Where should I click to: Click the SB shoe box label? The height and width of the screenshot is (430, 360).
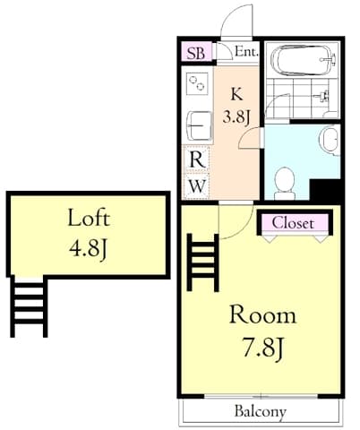tap(196, 53)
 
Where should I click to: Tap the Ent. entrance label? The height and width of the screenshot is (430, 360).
tap(246, 51)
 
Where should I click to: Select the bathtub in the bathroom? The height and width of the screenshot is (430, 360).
tap(304, 61)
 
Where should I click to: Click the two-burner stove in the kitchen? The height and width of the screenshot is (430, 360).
tap(197, 82)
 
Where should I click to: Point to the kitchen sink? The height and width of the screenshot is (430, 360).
tap(199, 125)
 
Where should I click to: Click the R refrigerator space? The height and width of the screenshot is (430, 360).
tap(197, 159)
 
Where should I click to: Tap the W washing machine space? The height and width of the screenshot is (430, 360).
tap(197, 186)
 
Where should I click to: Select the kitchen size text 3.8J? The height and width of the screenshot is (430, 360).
tap(236, 117)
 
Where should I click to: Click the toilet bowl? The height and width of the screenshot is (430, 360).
tap(285, 184)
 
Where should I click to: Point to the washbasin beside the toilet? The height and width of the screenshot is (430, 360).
tap(330, 140)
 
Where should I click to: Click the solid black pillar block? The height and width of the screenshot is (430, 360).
tap(325, 192)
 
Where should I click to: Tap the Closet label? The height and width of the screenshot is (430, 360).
tap(293, 223)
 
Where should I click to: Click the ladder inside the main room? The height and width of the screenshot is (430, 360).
tap(202, 262)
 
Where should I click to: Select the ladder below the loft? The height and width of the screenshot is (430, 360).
tap(29, 307)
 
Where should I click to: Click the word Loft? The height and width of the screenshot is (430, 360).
tap(89, 218)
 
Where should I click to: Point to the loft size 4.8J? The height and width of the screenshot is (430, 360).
tap(88, 249)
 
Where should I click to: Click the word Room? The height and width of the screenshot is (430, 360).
tap(262, 314)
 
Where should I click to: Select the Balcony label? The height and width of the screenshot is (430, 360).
tap(261, 411)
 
